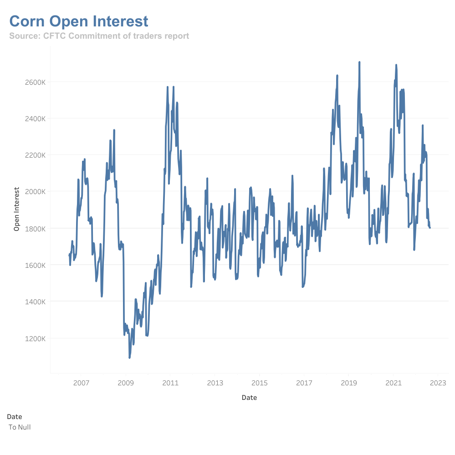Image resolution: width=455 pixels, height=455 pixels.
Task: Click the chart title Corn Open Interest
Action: coord(79,21)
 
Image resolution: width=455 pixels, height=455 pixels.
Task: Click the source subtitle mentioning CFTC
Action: coord(99,36)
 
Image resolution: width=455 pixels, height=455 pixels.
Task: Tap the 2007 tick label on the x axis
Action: coord(81,383)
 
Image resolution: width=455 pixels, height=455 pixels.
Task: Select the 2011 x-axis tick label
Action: coord(170,383)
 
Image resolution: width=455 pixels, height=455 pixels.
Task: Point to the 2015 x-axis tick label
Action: coord(259,383)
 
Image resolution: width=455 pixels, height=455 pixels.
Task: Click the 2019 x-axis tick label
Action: coord(348,383)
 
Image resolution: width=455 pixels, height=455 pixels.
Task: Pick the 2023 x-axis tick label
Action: coord(438,383)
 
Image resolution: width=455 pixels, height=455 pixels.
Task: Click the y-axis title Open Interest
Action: coord(17,209)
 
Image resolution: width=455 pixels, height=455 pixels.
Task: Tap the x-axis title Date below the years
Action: coord(249,398)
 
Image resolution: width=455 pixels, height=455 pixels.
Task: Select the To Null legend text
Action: coord(20,427)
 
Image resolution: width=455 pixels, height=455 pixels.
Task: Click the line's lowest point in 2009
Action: coord(129,358)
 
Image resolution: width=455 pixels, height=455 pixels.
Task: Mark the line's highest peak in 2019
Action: coord(359,62)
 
